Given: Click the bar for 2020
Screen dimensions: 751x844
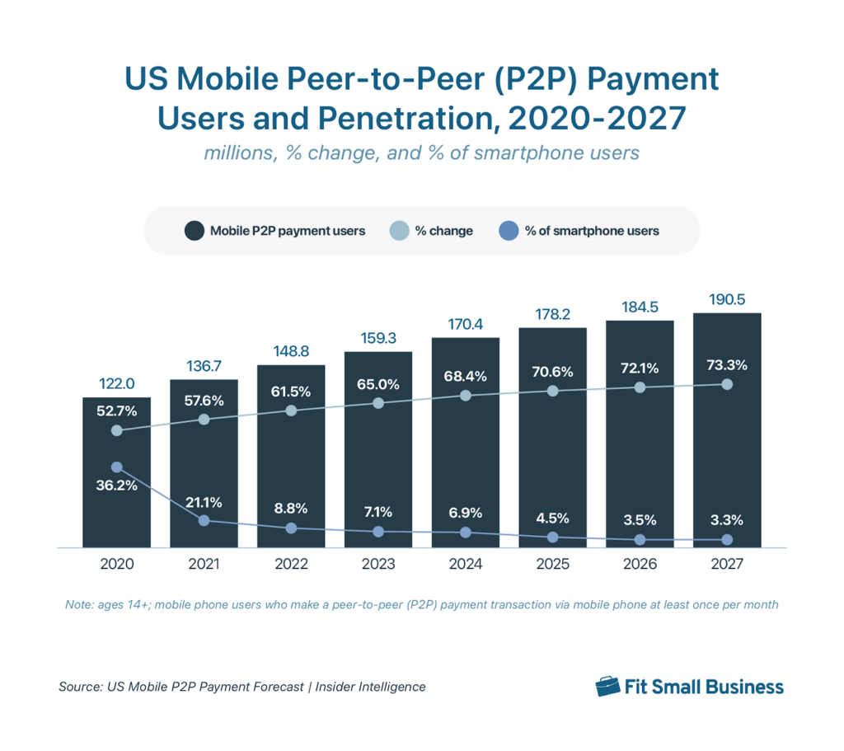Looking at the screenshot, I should [116, 495].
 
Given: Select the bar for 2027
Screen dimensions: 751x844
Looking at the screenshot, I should [727, 462].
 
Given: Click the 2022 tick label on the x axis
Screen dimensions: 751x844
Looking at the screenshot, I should [291, 565].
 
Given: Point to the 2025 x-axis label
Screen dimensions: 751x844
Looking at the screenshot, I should [552, 565].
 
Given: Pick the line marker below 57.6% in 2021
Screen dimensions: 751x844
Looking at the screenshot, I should [204, 420].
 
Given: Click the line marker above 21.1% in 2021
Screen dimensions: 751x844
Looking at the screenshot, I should [204, 520].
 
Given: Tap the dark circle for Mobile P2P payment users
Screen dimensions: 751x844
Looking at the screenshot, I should [195, 231].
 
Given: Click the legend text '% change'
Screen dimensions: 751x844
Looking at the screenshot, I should [443, 231].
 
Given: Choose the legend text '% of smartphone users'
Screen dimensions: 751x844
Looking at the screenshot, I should [592, 231].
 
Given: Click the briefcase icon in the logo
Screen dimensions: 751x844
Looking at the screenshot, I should [607, 687].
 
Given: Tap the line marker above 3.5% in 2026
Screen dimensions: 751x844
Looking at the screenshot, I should [640, 540].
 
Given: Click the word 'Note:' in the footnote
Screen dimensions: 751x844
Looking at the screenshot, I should [79, 605].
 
